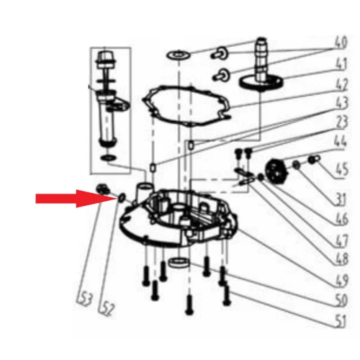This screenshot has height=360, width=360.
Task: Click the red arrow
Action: point(76,199)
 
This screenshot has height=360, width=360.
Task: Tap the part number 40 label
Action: point(341,42)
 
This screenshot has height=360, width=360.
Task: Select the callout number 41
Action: point(341,63)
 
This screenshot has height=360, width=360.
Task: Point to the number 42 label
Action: point(342,84)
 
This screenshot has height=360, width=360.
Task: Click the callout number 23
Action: point(342,122)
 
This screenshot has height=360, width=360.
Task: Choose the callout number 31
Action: point(341,199)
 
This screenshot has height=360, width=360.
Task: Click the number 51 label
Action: point(341,321)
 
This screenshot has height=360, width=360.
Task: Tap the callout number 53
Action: point(84,300)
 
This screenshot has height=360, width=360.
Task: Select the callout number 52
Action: point(107,309)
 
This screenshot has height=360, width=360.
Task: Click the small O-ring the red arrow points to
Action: point(121,197)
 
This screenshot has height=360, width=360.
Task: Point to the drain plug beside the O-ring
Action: point(103,189)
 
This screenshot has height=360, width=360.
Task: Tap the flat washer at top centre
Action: point(179,55)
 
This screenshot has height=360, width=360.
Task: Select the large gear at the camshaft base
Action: point(261,82)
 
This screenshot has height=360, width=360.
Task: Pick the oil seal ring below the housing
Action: point(179,262)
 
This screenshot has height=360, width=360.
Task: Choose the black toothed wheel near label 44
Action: point(276,171)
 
